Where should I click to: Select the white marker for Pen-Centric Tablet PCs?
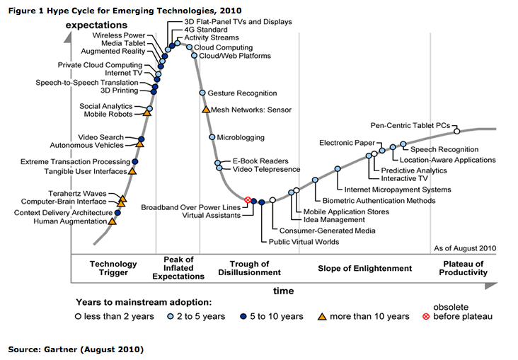456,130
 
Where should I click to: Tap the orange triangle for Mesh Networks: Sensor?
206,110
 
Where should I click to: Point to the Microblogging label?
241,137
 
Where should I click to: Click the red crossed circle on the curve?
248,201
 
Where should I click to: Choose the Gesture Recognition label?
243,93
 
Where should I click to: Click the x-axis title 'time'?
284,290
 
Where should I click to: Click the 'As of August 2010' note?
464,248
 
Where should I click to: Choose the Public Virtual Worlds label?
304,242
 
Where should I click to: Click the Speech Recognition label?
444,149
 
